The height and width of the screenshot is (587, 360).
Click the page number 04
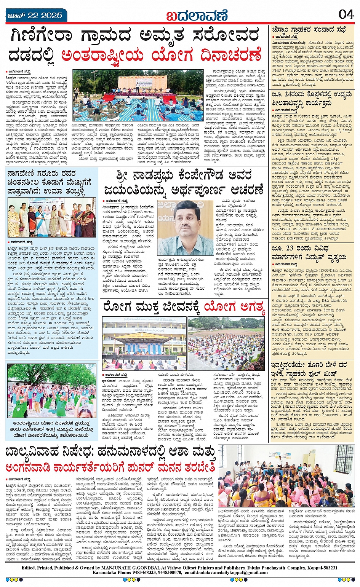pyautogui.click(x=346, y=14)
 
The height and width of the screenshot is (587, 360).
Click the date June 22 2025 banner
pyautogui.click(x=35, y=16)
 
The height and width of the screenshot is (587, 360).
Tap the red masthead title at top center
pyautogui.click(x=197, y=16)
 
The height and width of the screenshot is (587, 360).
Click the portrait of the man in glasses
pyautogui.click(x=186, y=227)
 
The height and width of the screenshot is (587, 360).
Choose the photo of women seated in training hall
pyautogui.click(x=286, y=476)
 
